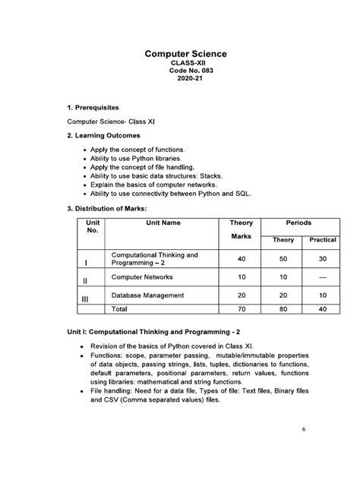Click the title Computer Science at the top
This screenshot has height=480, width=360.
[x=186, y=54]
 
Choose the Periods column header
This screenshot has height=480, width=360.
[x=298, y=223]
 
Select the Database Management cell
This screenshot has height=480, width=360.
[x=147, y=295]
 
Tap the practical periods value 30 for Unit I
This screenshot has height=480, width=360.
[x=322, y=259]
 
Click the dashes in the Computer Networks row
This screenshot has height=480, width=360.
[x=322, y=278]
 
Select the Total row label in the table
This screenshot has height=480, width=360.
[x=120, y=310]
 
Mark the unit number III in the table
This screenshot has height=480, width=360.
[x=85, y=299]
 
